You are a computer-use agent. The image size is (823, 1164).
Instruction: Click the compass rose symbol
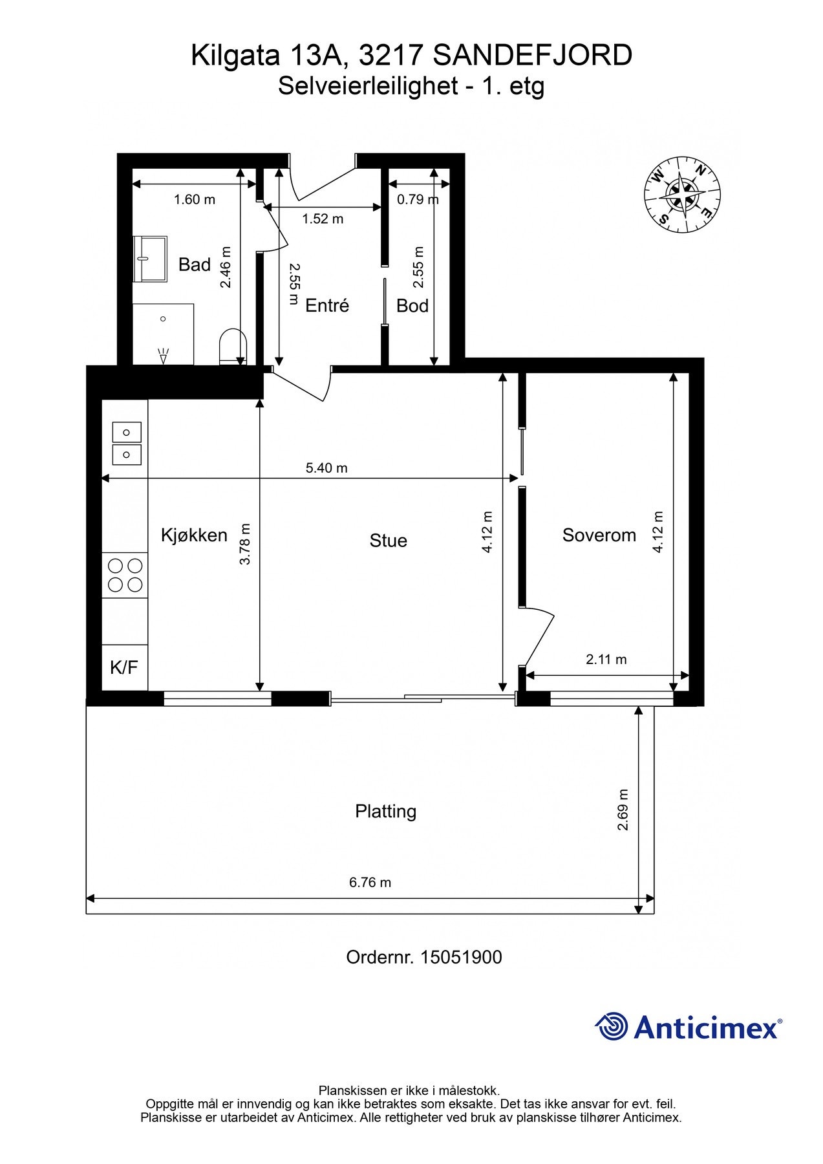(x=682, y=195)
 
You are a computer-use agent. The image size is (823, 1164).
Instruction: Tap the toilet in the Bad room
(x=233, y=347)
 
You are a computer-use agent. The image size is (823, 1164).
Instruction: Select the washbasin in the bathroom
(x=150, y=259)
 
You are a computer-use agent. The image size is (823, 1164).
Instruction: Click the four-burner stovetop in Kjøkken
(x=125, y=575)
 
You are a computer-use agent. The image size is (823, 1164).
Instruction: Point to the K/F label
(x=124, y=667)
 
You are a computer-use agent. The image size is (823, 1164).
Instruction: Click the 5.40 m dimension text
(x=326, y=468)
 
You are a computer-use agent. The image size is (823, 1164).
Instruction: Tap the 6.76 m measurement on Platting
(x=370, y=882)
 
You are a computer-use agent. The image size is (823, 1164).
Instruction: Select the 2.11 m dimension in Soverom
(x=606, y=660)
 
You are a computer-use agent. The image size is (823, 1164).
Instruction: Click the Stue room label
(x=389, y=541)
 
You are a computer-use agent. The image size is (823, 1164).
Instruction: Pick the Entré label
(x=327, y=305)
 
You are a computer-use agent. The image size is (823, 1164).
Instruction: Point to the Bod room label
(x=412, y=306)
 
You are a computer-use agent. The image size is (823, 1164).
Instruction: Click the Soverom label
(x=599, y=535)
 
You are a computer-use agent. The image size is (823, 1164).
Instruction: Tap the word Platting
(x=386, y=812)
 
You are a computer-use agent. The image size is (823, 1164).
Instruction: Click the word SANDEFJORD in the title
(x=533, y=56)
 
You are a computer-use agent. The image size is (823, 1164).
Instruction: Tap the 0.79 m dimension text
(x=418, y=199)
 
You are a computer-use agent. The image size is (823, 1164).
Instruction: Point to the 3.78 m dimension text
(x=245, y=544)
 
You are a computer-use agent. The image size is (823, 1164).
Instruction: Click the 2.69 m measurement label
(x=623, y=810)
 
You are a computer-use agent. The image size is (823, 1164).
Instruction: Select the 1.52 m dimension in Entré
(x=323, y=219)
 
